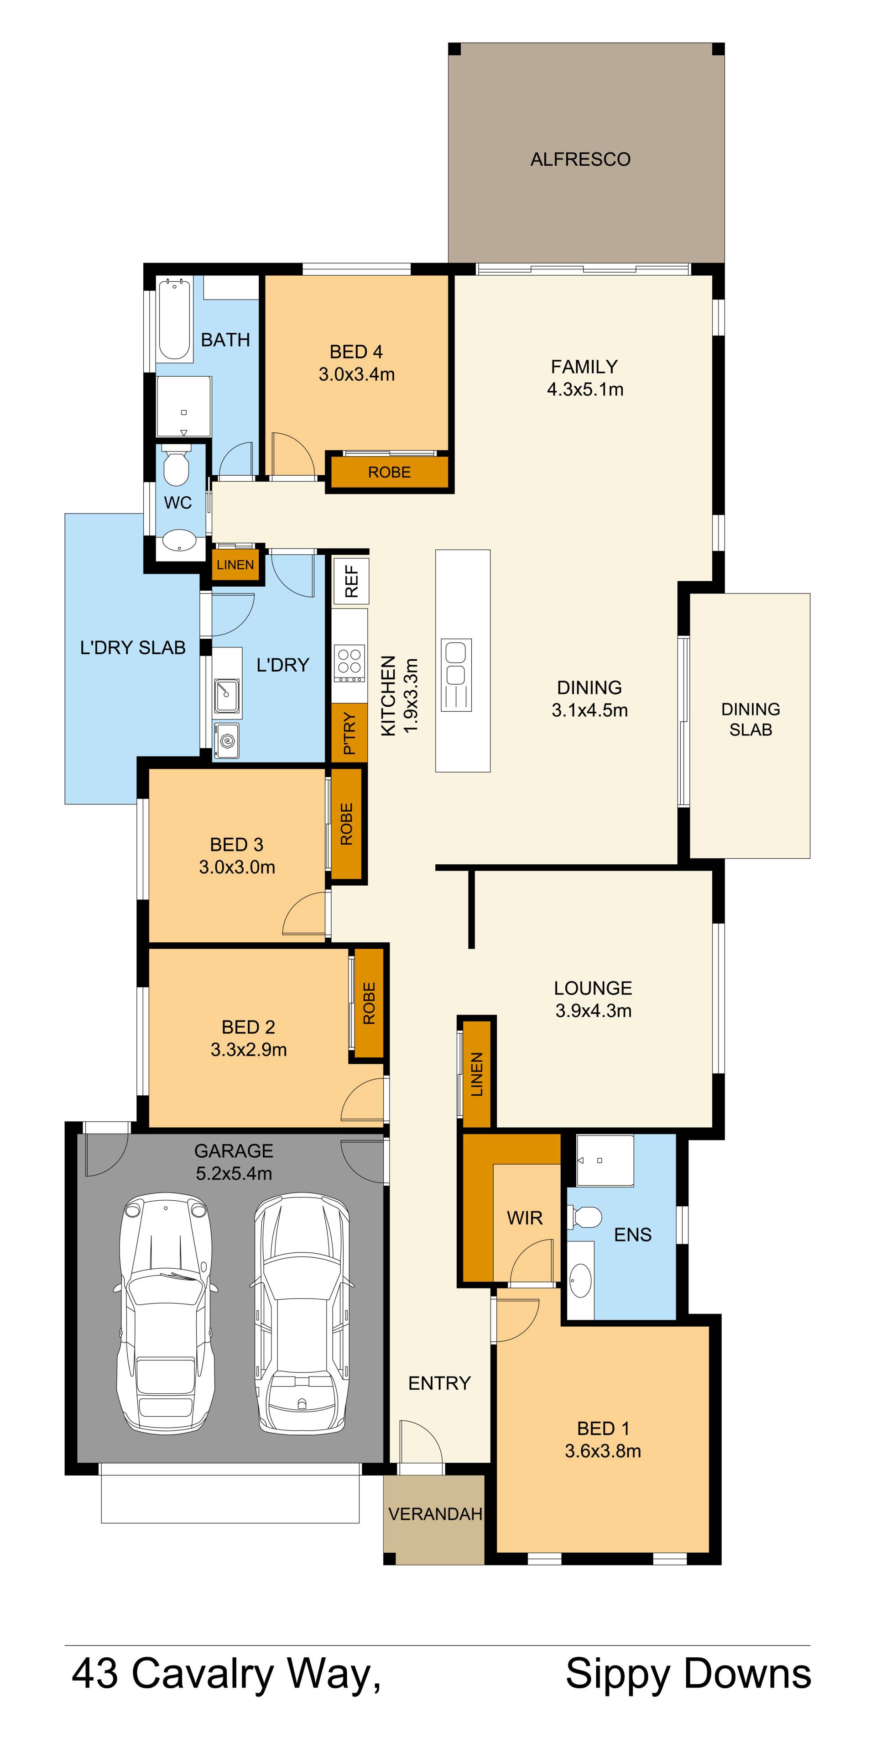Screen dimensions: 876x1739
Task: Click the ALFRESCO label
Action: coord(580,159)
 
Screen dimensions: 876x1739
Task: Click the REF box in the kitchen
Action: coord(351,581)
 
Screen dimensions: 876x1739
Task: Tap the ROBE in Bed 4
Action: coord(389,472)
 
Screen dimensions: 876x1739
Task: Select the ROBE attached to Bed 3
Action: coord(346,824)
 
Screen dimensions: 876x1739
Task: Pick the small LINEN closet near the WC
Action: coord(235,564)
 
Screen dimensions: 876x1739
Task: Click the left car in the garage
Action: coord(166,1312)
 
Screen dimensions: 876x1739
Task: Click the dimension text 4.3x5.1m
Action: coord(585,389)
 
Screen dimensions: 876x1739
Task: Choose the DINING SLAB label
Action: coord(751,719)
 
